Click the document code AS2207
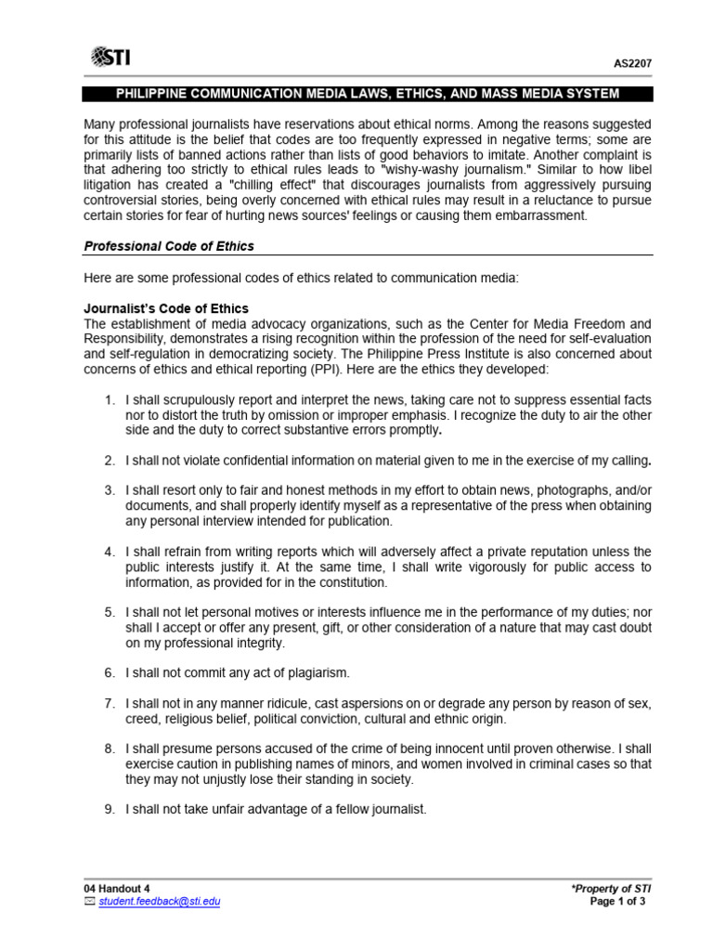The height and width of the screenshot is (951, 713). (x=633, y=63)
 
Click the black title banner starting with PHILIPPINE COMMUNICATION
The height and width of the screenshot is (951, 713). (x=367, y=95)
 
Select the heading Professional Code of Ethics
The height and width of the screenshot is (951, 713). (x=169, y=246)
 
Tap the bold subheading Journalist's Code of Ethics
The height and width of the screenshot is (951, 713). (x=166, y=308)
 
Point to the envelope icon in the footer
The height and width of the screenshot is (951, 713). (x=89, y=901)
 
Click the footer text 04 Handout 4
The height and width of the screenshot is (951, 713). (x=116, y=888)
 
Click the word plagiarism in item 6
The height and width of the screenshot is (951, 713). (x=313, y=671)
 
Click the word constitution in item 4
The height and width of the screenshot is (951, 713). (x=348, y=582)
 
